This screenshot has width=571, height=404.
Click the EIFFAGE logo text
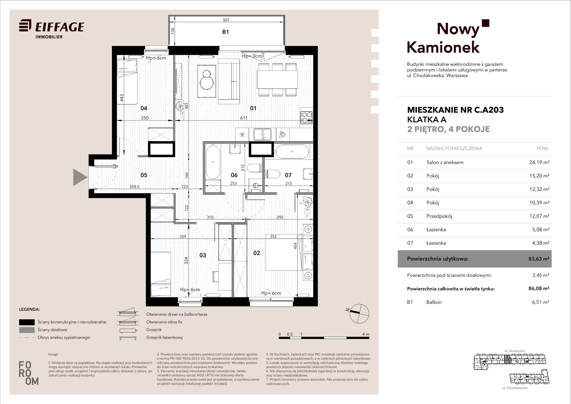coord(60,27)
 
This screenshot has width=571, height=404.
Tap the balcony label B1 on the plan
coord(226,32)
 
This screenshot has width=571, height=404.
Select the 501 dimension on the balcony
coord(226,20)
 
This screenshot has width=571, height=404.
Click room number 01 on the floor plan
coord(253,108)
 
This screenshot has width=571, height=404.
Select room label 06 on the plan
coord(234,175)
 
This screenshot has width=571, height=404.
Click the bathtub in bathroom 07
coord(291,152)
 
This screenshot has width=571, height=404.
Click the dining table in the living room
coord(277,79)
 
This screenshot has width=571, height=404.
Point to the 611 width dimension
coord(244,118)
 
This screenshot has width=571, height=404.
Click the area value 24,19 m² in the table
coord(539,162)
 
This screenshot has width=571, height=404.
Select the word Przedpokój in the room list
coord(439,216)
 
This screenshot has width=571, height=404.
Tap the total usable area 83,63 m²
coord(539,259)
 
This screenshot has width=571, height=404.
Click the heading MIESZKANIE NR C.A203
coord(455,110)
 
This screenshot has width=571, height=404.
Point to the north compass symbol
coord(359,314)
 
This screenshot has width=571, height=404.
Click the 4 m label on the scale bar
coord(366,334)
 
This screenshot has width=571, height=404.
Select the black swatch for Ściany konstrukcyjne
coord(27,322)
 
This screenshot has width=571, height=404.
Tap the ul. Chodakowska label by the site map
coord(515,388)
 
